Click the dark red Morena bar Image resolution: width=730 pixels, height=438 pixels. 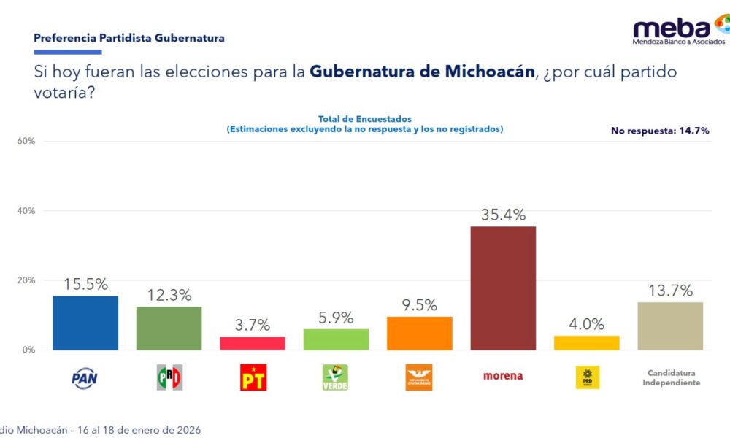click(503, 288)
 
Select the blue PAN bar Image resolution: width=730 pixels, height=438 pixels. click(85, 323)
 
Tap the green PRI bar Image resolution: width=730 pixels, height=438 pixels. click(169, 328)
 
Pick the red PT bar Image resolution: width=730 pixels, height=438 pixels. click(253, 343)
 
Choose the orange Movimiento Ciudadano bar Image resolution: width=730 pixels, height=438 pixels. click(419, 333)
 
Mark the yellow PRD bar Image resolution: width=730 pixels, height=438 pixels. click(586, 343)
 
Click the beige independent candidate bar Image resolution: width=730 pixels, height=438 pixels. click(670, 326)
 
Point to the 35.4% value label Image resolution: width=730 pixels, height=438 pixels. click(503, 215)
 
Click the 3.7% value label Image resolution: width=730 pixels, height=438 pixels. click(253, 325)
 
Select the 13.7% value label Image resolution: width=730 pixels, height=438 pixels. click(670, 291)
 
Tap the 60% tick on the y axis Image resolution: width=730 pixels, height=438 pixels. click(26, 141)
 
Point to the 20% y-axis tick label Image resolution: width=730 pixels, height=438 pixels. click(26, 280)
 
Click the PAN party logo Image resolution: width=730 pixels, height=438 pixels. click(85, 377)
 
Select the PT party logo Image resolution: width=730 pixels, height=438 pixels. click(253, 377)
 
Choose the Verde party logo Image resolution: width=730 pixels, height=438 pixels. click(336, 377)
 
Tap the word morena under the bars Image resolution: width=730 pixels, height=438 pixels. click(503, 376)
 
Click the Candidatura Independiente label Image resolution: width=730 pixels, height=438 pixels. click(671, 377)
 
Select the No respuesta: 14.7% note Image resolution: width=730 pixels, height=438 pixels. click(660, 131)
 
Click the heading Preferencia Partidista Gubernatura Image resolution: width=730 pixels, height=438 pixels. click(129, 38)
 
